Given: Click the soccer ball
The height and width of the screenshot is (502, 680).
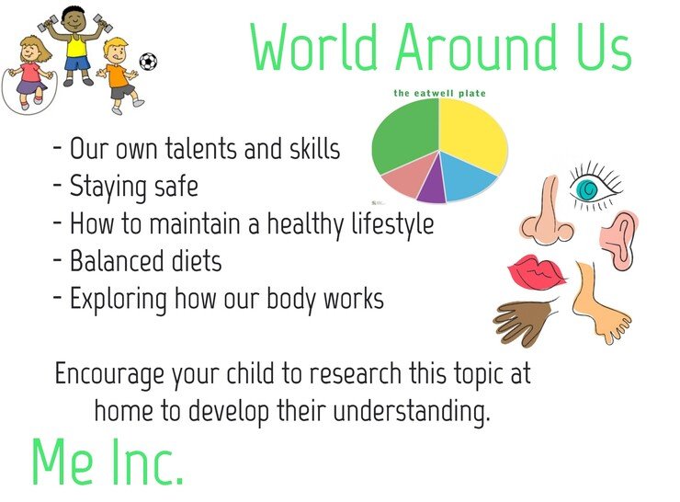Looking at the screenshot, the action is coord(148,62).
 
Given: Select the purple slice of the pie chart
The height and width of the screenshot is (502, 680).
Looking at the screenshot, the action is coord(433,182).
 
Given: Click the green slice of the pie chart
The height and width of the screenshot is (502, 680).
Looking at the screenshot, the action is coord(403,134).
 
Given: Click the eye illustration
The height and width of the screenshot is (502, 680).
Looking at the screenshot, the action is coord(595,187).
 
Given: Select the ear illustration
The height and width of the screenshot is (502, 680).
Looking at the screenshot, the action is coord(619,240).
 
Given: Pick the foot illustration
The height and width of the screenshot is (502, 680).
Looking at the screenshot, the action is coord(598,303).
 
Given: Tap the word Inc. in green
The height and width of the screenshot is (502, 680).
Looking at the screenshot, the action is coord(146,462).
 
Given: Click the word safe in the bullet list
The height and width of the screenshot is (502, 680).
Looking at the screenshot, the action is coord(176,187).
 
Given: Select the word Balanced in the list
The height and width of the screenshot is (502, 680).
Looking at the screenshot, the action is coord(116,261).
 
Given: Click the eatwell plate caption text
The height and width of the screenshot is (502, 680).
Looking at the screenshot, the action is coord(439,93).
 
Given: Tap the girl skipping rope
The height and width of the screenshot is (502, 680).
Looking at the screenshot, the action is coord(29,74).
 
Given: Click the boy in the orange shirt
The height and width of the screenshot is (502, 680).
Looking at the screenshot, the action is coord(120,74).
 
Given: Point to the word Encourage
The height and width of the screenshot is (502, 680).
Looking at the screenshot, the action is coord(109,374).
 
